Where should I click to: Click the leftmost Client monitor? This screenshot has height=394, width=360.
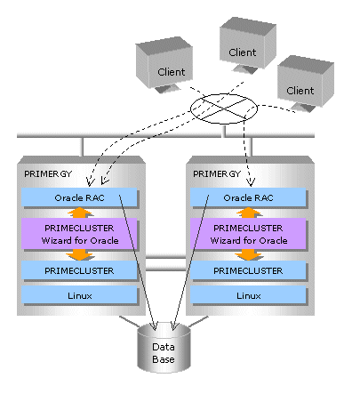point(164,64)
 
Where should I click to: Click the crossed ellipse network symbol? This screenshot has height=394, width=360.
point(224,109)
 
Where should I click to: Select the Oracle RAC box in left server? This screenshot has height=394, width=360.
point(79,197)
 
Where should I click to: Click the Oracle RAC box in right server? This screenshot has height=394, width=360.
point(248,197)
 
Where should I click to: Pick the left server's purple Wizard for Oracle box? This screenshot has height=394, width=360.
point(79,234)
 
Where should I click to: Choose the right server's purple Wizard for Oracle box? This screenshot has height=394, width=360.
point(248,234)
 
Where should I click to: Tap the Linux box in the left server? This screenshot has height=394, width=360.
point(79,295)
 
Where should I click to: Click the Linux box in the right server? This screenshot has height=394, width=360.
point(248,295)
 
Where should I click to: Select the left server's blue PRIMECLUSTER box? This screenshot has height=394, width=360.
point(79,270)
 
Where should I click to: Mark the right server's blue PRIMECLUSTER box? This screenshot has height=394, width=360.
point(248,270)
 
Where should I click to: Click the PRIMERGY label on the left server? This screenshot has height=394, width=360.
point(48,173)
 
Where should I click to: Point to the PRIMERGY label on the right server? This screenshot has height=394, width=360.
point(217,173)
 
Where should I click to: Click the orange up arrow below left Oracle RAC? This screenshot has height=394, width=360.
point(80,213)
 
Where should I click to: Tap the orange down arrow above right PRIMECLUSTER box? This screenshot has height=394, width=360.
point(248,254)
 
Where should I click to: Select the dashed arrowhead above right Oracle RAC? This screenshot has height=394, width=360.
point(251,181)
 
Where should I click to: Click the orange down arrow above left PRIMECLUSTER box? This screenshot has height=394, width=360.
point(80,254)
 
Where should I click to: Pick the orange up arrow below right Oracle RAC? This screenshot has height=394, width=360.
point(249,213)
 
